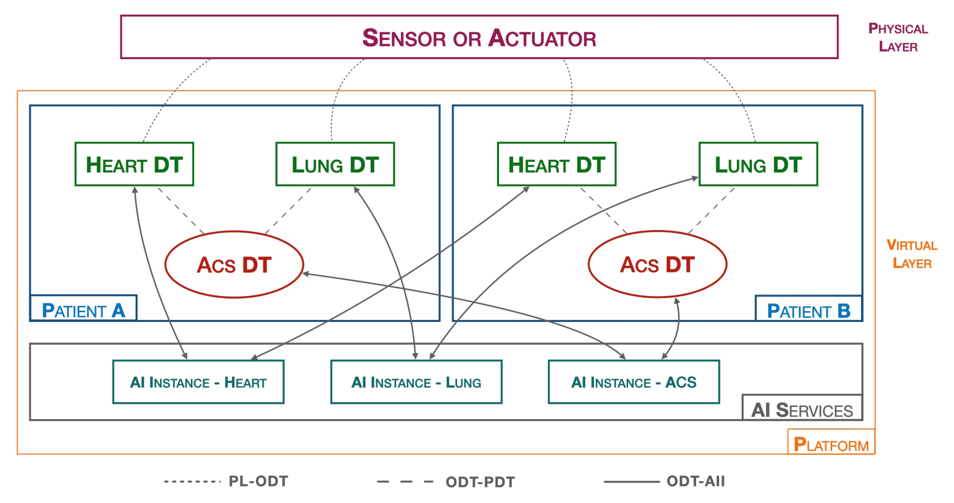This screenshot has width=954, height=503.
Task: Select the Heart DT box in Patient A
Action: point(134,164)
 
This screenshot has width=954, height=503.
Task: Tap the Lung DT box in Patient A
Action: point(335,164)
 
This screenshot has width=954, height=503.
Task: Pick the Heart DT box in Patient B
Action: point(557,164)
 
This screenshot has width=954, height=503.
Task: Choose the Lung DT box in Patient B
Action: point(758,164)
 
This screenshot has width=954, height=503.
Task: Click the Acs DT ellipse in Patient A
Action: point(234,264)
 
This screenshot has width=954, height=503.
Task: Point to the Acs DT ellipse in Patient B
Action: point(657,264)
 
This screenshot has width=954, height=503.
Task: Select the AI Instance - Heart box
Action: point(198,382)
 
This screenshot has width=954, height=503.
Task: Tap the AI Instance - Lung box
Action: point(416,382)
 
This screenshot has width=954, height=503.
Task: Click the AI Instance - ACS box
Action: point(634,382)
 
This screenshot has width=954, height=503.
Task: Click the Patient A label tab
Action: point(83,309)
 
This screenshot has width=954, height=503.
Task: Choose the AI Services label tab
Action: point(802,408)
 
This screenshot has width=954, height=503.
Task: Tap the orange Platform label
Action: point(831,443)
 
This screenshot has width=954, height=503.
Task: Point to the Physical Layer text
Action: point(898,37)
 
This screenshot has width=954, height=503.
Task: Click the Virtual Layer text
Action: point(912,254)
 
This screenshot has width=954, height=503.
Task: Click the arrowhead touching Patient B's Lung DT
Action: point(695,179)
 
